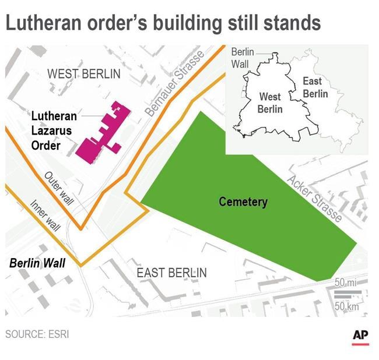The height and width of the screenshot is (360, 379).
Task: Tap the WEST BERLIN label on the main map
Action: (x=84, y=74)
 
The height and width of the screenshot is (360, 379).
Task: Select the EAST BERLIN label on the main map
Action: (x=171, y=273)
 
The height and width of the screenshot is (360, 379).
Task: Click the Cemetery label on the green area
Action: (x=243, y=202)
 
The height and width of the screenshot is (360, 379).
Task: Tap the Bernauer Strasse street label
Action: (x=175, y=82)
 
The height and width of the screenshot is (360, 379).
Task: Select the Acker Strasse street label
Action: (x=314, y=197)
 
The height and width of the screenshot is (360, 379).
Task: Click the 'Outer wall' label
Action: (x=59, y=188)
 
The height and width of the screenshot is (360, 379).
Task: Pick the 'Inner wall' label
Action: (x=45, y=216)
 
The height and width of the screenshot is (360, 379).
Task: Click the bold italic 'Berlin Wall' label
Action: (x=37, y=263)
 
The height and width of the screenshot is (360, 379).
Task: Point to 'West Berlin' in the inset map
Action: (x=270, y=103)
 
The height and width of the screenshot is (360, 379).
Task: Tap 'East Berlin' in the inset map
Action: (x=315, y=87)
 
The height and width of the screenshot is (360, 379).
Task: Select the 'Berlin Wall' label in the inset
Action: (x=243, y=58)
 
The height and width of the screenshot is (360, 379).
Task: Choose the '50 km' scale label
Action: (x=346, y=306)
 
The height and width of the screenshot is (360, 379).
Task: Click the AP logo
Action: (x=360, y=336)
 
